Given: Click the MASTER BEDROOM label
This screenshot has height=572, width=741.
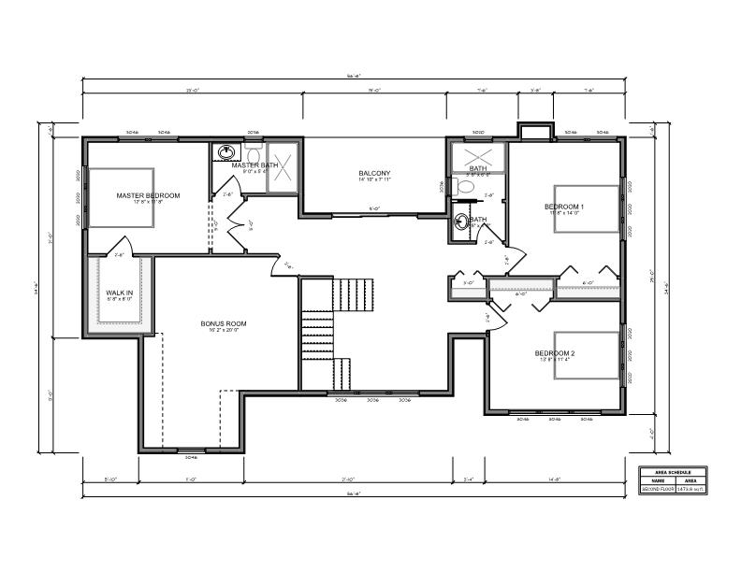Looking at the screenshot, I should [148, 195].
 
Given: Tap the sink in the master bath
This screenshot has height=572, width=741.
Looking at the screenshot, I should [225, 152].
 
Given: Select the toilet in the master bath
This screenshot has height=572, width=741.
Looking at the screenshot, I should [253, 153].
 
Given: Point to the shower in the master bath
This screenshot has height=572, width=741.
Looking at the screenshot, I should [283, 167].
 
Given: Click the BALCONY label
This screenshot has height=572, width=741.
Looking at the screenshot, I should [374, 174].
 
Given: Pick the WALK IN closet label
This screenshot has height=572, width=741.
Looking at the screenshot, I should [119, 293].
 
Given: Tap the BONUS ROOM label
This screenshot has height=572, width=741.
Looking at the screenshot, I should [223, 323].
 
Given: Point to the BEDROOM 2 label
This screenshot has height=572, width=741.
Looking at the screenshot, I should [554, 353].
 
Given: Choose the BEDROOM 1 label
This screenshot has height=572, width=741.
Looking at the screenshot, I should [564, 207].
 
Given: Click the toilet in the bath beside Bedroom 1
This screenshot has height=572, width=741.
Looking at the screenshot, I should [465, 186].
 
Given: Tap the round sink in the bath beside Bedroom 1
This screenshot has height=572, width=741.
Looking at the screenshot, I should [462, 222].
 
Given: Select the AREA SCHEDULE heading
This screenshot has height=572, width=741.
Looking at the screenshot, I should [672, 472].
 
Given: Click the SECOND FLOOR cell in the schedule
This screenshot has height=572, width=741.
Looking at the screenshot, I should [657, 489].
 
